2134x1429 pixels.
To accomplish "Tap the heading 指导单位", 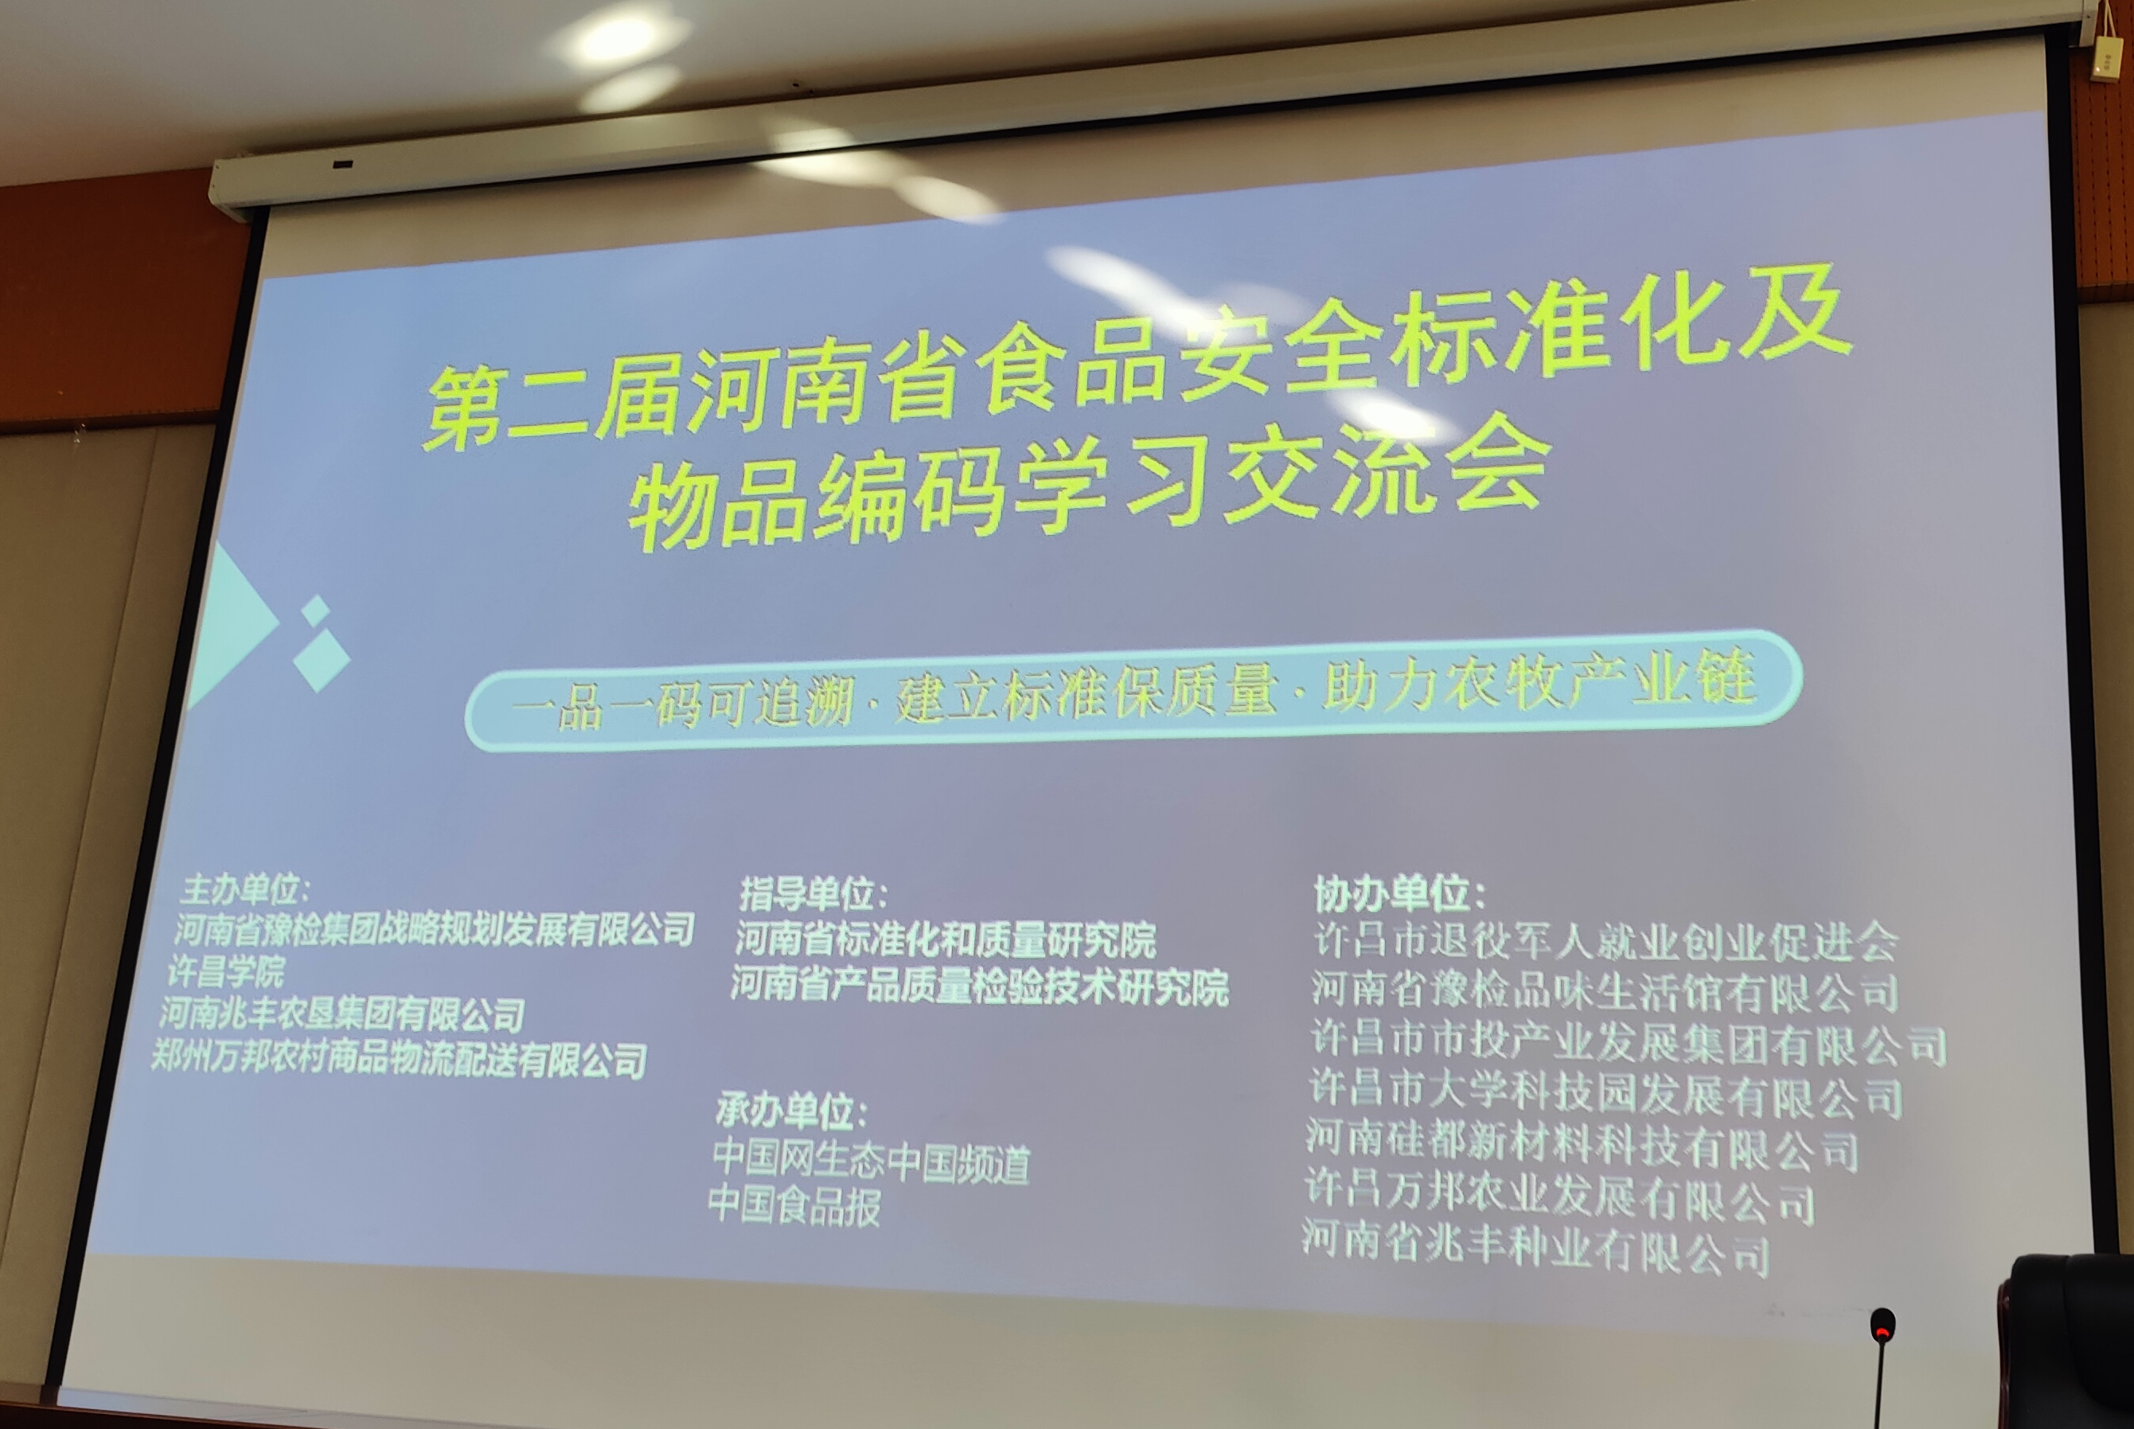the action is click(x=813, y=894).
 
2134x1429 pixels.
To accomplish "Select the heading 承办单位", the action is click(x=791, y=1111).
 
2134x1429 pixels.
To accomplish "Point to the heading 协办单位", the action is click(x=1399, y=894).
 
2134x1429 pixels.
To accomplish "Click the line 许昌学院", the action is click(x=227, y=971).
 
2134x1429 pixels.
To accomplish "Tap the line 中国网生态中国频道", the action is click(x=871, y=1160).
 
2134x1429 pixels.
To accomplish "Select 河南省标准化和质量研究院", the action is click(x=946, y=939).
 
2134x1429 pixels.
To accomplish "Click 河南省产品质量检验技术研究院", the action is click(x=980, y=986).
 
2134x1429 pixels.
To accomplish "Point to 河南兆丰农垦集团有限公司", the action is click(x=342, y=1013).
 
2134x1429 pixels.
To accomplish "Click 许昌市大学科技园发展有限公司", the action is click(x=1605, y=1095).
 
